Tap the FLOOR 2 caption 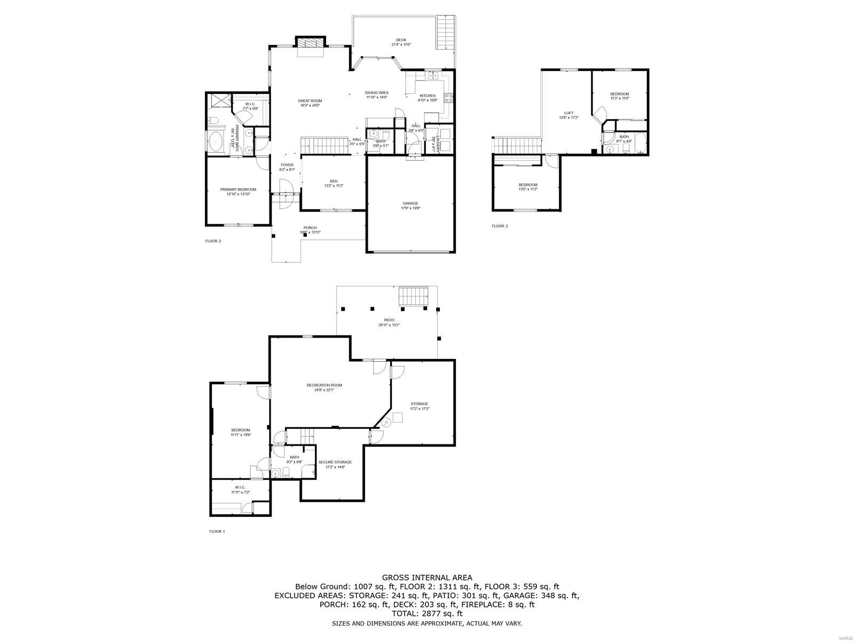click(x=213, y=241)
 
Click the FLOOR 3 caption click(x=500, y=226)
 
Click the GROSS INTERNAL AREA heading click(x=426, y=577)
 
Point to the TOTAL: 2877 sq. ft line click(x=426, y=614)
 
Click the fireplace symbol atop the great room click(x=310, y=43)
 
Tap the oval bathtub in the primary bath click(x=216, y=142)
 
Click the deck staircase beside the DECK click(x=446, y=33)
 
